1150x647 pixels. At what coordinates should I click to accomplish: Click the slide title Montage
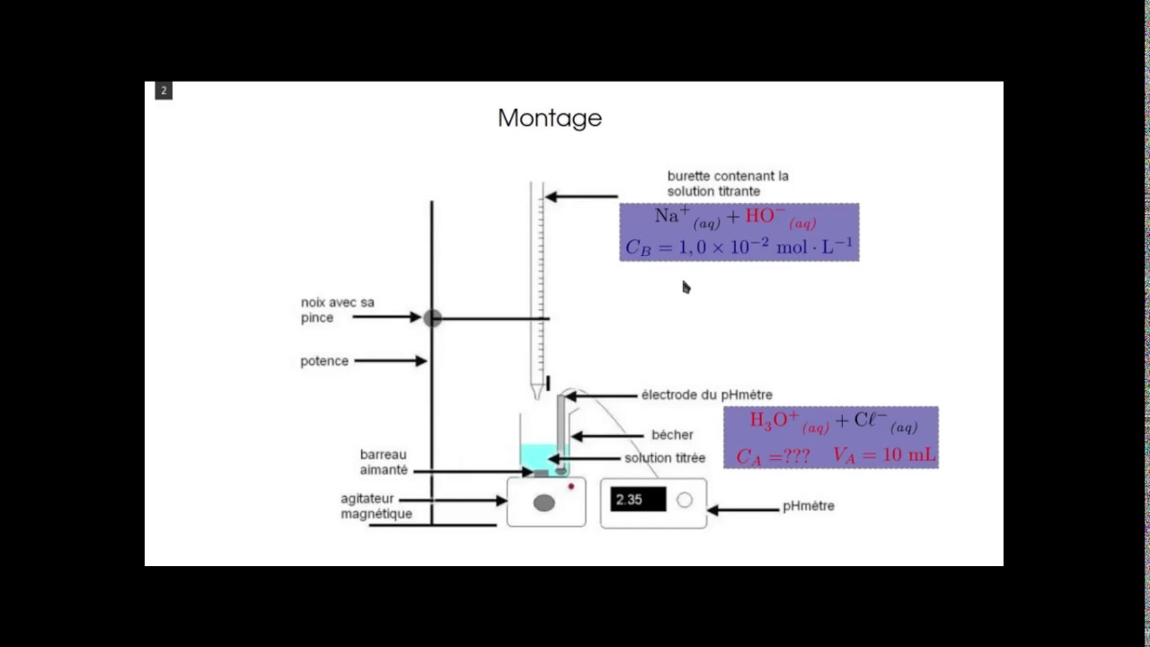click(x=550, y=119)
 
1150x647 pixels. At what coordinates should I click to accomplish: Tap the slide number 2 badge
click(x=164, y=91)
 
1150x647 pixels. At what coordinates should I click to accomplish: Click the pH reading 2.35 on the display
click(x=629, y=500)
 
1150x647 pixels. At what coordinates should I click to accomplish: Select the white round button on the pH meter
click(x=685, y=500)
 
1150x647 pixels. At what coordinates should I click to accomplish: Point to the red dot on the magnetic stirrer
click(x=571, y=486)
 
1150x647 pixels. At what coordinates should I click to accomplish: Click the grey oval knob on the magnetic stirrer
click(x=544, y=502)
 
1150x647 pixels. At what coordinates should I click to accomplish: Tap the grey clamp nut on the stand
click(x=432, y=318)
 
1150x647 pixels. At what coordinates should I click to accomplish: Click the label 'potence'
click(x=324, y=361)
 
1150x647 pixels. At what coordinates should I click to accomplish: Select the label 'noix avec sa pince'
click(x=337, y=310)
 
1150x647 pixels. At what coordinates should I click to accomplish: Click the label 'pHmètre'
click(x=809, y=506)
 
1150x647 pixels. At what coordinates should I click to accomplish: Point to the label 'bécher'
click(x=672, y=435)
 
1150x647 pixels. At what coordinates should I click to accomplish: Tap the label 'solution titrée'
click(x=665, y=458)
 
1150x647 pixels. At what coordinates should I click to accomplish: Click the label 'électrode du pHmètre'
click(x=707, y=394)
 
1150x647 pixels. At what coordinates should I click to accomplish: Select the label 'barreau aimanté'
click(x=384, y=462)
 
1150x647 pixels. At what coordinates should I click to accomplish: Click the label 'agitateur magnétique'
click(x=376, y=506)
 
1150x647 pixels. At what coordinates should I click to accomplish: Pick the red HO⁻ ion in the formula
click(x=781, y=217)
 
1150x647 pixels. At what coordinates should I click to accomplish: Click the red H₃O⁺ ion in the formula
click(x=789, y=422)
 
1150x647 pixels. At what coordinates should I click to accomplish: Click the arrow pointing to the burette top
click(x=581, y=197)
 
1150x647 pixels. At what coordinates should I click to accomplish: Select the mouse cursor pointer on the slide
click(x=686, y=288)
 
